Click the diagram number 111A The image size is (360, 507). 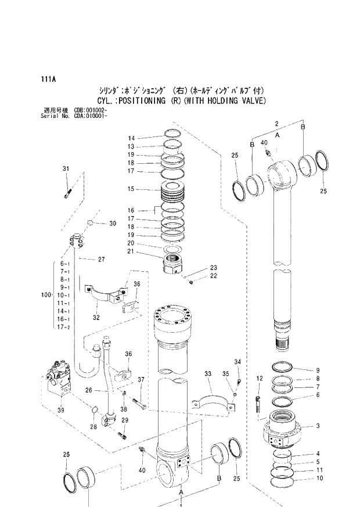[49, 79]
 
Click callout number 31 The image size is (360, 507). [66, 169]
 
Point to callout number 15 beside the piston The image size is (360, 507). [131, 189]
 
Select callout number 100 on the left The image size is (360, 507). [46, 296]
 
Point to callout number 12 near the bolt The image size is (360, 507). [260, 378]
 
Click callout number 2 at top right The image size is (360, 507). [277, 123]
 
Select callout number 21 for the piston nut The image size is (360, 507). [131, 251]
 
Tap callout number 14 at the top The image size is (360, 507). [131, 138]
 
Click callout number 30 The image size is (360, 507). [113, 224]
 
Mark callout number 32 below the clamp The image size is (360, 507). [95, 317]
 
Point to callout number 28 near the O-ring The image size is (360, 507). [92, 427]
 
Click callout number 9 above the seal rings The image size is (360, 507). [318, 371]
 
